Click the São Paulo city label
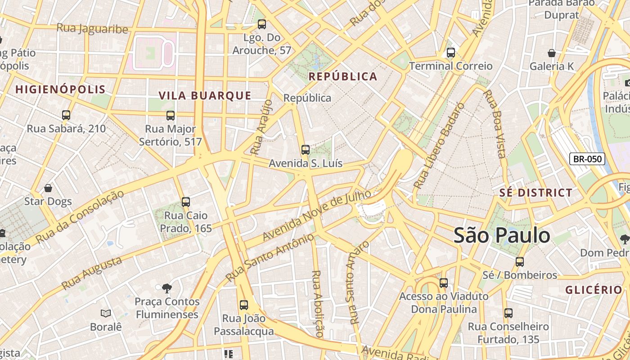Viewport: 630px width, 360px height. [x=502, y=235]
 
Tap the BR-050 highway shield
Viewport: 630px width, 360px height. [x=587, y=159]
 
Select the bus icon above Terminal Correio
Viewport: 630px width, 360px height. [x=451, y=53]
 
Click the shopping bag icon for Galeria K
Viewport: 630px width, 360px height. [x=552, y=53]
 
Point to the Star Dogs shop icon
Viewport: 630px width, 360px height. [x=48, y=188]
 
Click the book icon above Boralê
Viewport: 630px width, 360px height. [x=106, y=313]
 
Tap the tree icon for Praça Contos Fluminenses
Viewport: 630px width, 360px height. [x=167, y=288]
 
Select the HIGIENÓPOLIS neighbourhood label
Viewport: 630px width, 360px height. [x=60, y=89]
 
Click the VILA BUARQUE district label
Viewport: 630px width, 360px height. [x=205, y=95]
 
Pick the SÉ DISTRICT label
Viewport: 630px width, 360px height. [x=536, y=193]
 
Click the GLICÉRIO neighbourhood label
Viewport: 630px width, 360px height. [x=594, y=290]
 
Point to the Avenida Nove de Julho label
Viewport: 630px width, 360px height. [x=317, y=215]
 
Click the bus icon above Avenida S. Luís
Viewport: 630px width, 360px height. [x=306, y=150]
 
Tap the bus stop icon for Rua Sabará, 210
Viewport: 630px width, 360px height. [x=66, y=115]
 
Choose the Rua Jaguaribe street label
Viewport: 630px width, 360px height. [x=92, y=28]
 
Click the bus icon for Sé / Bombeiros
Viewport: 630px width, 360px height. [x=520, y=261]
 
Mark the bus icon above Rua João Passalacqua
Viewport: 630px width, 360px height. [x=244, y=305]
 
